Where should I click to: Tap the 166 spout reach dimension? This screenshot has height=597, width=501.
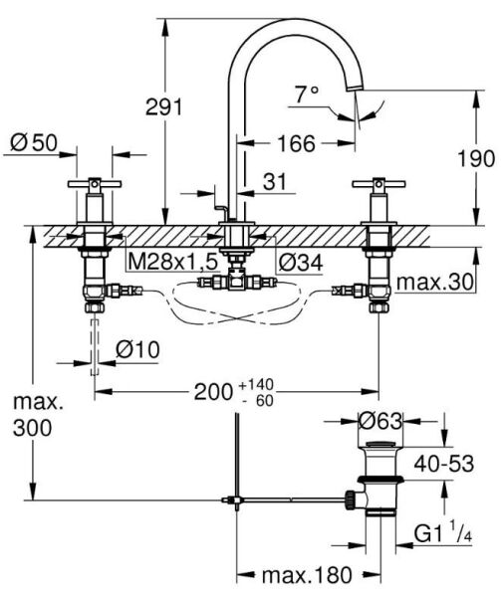tap(295, 143)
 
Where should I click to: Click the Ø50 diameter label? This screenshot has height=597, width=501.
tap(34, 141)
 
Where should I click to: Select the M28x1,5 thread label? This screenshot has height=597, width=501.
tap(169, 261)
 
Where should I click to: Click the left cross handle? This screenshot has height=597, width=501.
tap(95, 186)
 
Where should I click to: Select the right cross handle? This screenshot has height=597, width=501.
tap(379, 186)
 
